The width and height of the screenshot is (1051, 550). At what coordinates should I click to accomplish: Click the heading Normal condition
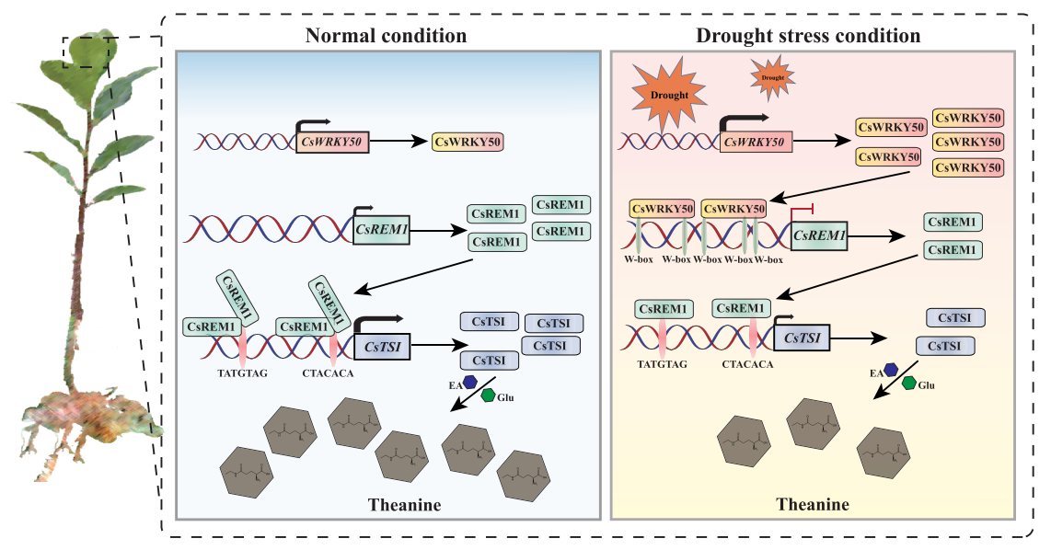386,36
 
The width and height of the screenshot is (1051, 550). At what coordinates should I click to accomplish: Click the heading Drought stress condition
807,36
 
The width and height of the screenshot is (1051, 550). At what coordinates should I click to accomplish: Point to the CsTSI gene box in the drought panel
803,339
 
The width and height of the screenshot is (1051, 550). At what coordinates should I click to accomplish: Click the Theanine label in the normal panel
404,504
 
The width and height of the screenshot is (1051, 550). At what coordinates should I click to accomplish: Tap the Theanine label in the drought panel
813,504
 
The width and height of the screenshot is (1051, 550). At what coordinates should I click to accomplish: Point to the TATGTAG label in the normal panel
241,373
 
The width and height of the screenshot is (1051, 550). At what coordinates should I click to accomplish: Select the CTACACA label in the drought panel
748,364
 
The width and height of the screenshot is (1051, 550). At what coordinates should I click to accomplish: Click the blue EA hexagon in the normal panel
470,381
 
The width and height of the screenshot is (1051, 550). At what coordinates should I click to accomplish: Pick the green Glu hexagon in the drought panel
908,384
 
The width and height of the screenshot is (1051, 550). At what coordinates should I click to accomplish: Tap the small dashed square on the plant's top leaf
89,52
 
